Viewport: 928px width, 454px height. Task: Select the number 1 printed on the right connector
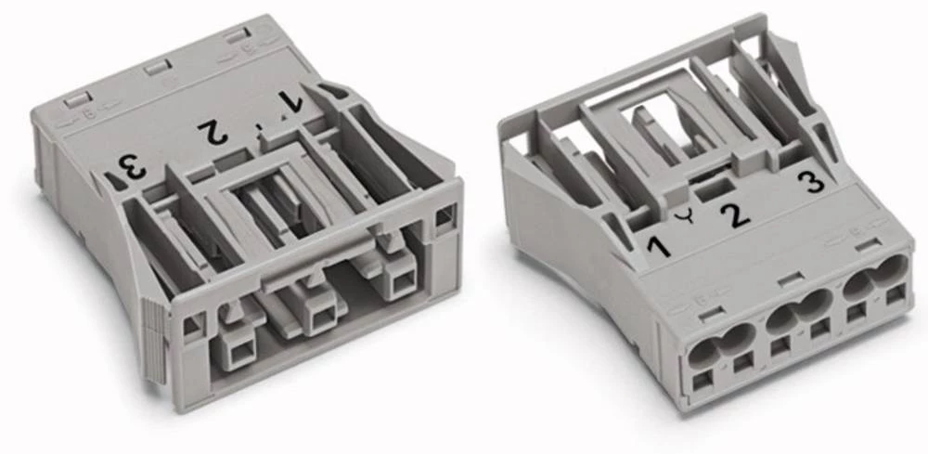click(x=659, y=247)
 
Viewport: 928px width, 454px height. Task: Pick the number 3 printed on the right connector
click(x=815, y=181)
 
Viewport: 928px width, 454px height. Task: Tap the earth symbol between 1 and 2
click(x=688, y=219)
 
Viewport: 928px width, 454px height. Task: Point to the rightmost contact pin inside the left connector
click(x=402, y=284)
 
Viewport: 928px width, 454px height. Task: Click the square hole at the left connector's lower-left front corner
click(x=193, y=325)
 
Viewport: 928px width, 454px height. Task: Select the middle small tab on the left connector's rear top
click(x=153, y=69)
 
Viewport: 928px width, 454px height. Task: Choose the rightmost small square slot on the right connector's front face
click(x=895, y=296)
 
